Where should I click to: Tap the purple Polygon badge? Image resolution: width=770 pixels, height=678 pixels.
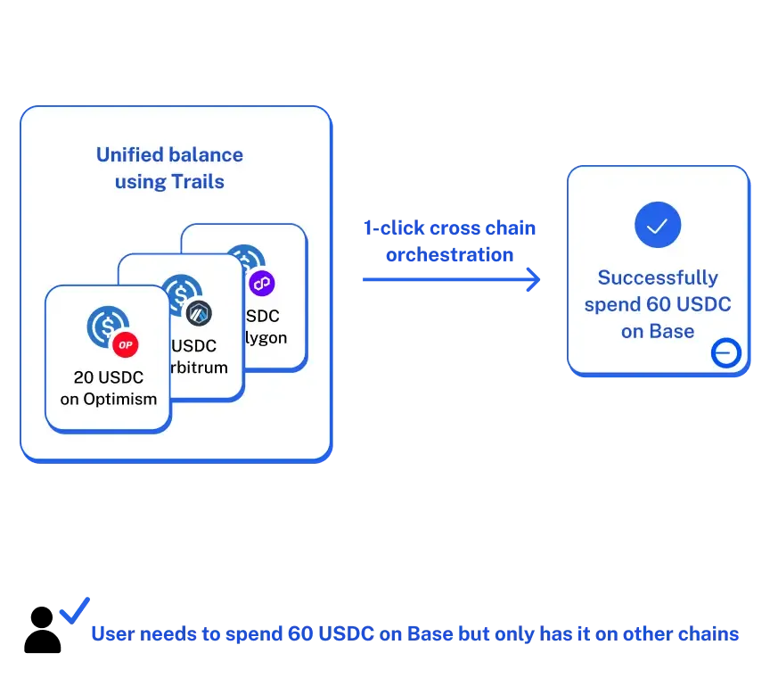point(262,284)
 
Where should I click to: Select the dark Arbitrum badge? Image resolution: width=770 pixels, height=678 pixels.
point(199,312)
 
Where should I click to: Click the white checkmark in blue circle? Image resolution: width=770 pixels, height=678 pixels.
point(658,225)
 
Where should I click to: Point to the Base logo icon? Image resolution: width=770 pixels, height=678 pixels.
point(725,354)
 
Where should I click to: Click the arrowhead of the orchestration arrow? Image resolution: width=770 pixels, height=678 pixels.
point(534,279)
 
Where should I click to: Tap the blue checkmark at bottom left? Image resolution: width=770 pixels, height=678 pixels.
point(74,610)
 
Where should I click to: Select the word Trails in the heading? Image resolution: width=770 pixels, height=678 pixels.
point(198,182)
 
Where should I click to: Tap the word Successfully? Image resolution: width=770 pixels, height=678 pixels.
point(658,277)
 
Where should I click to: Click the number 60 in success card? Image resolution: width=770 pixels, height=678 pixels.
point(659,304)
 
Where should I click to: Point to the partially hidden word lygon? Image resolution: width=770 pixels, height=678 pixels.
point(266,338)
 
